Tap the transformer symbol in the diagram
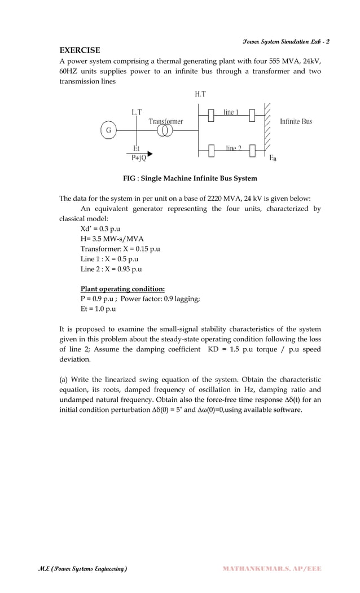point(165,131)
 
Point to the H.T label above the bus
point(200,95)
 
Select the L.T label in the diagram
point(137,112)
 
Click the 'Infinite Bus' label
point(296,121)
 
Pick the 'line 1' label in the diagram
point(229,112)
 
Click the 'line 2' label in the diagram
point(233,148)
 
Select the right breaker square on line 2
point(252,150)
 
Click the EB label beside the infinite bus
point(273,158)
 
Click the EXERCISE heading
point(80,50)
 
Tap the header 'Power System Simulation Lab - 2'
point(286,42)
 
